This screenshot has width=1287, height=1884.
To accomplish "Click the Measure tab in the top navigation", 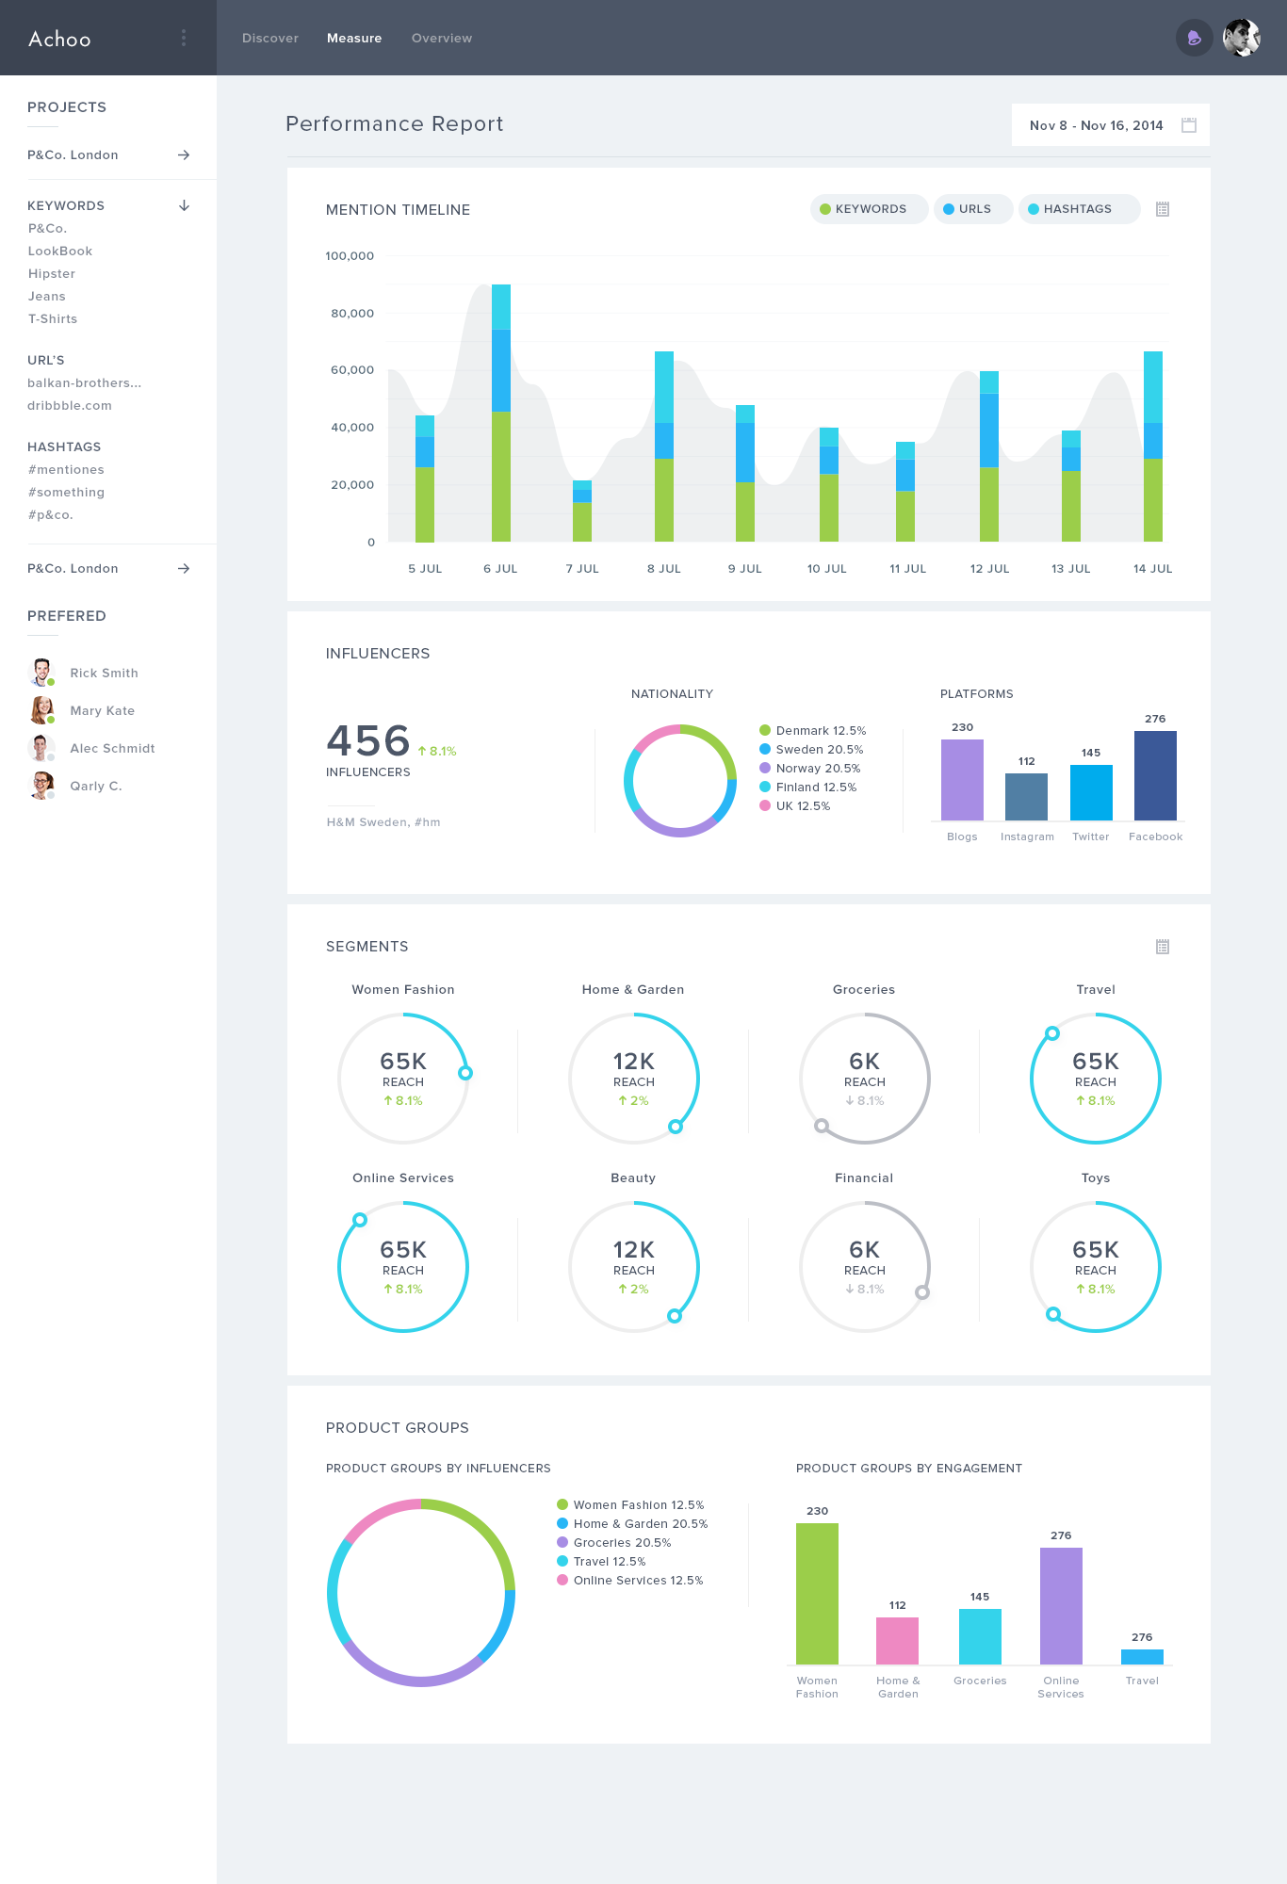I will [354, 39].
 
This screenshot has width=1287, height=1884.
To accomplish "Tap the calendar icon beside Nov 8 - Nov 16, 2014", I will [1189, 125].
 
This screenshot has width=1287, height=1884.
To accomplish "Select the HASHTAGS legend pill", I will [1078, 209].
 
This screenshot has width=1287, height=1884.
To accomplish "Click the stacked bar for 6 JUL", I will [501, 414].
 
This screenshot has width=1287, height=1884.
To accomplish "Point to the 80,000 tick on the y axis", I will [352, 314].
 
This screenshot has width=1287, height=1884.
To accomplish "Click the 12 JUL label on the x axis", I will [989, 569].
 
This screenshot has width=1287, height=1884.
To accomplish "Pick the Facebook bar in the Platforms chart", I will [1155, 776].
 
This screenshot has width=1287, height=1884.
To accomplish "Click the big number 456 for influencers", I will [368, 741].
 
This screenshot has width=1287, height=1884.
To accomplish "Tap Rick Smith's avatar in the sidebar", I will [41, 673].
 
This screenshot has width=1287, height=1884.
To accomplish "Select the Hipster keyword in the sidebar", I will [52, 274].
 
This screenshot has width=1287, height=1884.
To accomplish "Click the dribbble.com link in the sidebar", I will [70, 406].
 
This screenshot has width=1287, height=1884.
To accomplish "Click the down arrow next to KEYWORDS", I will [185, 205].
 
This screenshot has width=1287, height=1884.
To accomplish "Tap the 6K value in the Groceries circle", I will [864, 1062].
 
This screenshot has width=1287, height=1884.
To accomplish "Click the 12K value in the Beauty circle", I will [634, 1250].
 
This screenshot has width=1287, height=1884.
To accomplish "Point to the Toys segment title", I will [1096, 1178].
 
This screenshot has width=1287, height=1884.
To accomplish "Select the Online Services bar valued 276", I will [1061, 1606].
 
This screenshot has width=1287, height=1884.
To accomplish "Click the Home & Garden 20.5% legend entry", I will [641, 1524].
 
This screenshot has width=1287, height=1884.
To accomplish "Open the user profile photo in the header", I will [1242, 39].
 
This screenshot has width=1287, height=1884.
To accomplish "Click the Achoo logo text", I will [59, 40].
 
